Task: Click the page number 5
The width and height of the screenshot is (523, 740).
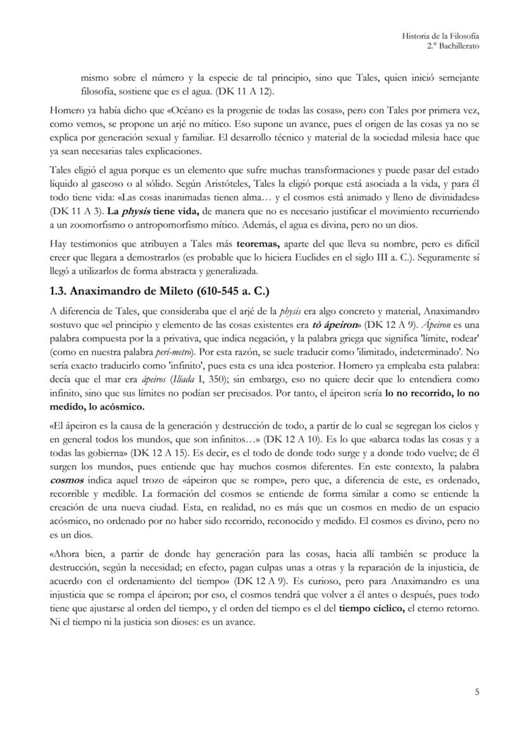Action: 477,692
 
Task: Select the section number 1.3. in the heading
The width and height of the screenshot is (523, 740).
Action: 61,291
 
